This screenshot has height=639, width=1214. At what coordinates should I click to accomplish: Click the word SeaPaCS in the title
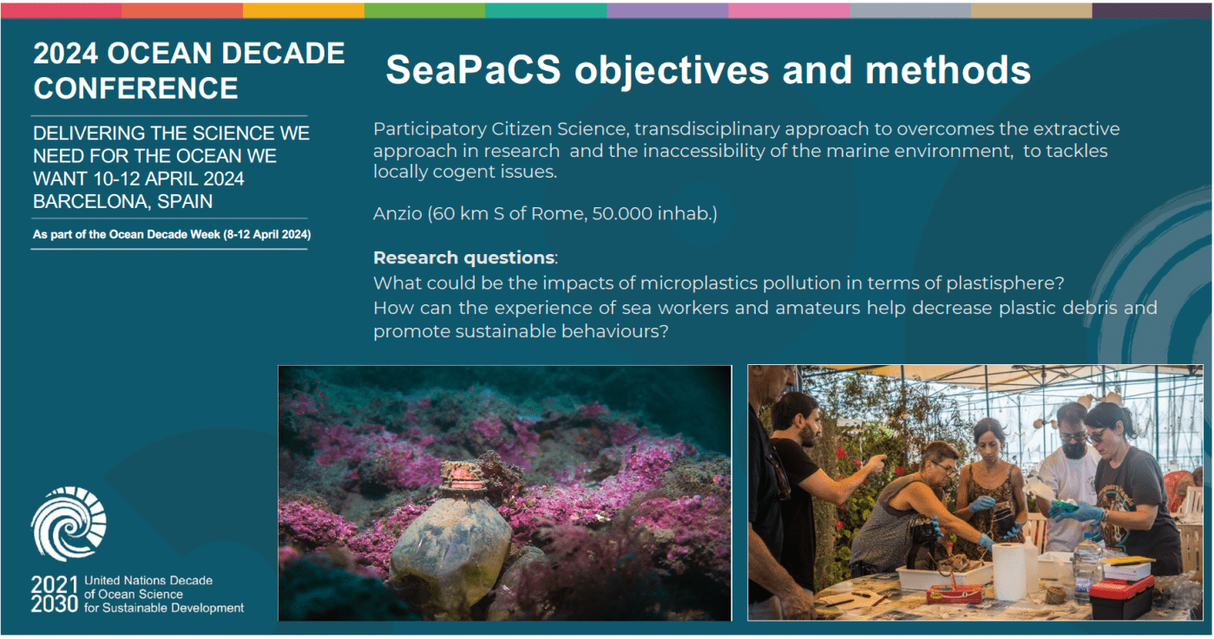pos(473,70)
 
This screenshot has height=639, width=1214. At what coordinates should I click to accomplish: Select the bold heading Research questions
pos(464,258)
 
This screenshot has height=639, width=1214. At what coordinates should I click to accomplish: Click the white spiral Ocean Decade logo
pos(69,524)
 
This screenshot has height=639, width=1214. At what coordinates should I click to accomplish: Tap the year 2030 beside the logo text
pos(54,604)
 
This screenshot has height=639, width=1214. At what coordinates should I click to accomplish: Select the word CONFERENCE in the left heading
pos(136,88)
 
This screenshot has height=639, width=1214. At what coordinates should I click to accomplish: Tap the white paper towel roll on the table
pos(1009,571)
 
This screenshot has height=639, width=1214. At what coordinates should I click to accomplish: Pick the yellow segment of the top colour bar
pos(304,10)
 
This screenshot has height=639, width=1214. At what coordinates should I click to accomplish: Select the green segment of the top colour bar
pos(425,10)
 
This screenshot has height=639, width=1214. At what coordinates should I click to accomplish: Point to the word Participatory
pos(430,129)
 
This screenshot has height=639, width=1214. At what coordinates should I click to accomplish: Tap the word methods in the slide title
pos(948,70)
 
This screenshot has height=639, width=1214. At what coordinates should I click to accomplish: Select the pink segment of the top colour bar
pos(789,10)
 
